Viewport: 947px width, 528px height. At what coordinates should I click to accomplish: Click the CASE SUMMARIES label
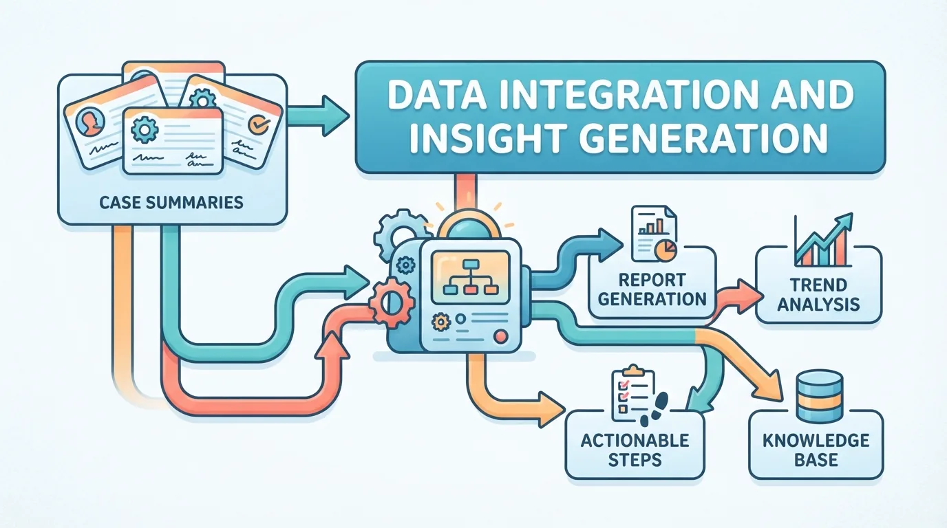[171, 202]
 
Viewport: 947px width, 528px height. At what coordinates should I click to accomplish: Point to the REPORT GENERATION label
[652, 289]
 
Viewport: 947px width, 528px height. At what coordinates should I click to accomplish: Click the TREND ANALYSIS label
[818, 294]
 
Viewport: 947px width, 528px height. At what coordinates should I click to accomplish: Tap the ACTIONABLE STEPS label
[635, 450]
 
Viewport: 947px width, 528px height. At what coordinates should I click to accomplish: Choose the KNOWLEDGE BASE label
[816, 450]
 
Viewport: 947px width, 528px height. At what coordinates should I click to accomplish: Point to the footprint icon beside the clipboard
[655, 408]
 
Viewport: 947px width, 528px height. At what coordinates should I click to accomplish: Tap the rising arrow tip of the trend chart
[844, 221]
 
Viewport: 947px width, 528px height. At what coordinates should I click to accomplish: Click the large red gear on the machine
[391, 302]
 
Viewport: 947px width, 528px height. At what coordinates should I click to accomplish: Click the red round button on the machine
[501, 337]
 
